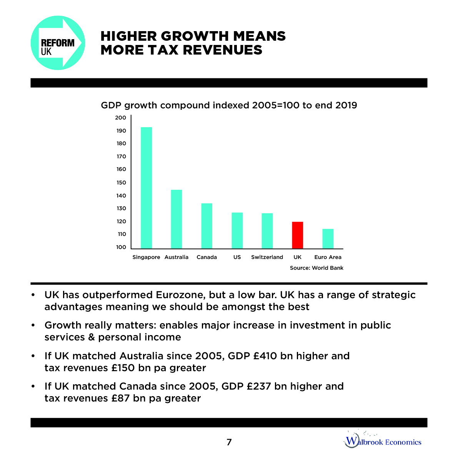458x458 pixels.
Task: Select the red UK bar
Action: [297, 235]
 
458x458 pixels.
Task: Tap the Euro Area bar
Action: [328, 239]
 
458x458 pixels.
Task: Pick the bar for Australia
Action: [176, 219]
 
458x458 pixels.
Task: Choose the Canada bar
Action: [207, 226]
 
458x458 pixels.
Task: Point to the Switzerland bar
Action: [267, 231]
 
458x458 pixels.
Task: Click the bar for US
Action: [237, 230]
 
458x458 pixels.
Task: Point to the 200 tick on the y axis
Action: [120, 118]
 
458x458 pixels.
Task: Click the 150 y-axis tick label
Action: [121, 183]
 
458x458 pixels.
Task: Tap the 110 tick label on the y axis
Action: [121, 234]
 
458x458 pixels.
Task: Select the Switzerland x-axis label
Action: [267, 257]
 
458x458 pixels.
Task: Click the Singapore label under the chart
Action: [146, 257]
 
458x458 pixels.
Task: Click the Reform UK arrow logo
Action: [58, 43]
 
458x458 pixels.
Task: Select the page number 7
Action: [229, 442]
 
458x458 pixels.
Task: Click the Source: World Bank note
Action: [316, 268]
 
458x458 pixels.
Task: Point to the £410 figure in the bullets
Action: [265, 356]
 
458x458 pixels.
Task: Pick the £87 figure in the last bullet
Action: [121, 398]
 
